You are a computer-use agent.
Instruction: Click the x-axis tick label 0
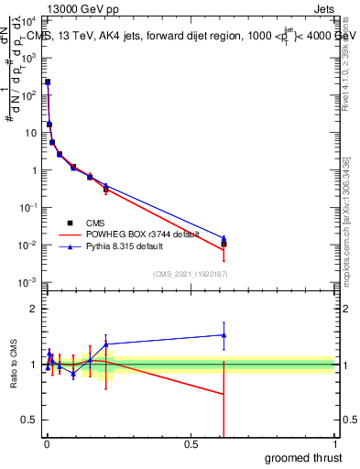click(47, 444)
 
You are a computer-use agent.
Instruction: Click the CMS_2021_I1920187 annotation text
click(190, 273)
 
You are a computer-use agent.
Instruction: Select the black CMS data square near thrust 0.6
click(224, 244)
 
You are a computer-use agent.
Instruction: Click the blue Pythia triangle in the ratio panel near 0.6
click(224, 335)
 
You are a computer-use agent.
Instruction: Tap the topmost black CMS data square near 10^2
click(48, 82)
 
